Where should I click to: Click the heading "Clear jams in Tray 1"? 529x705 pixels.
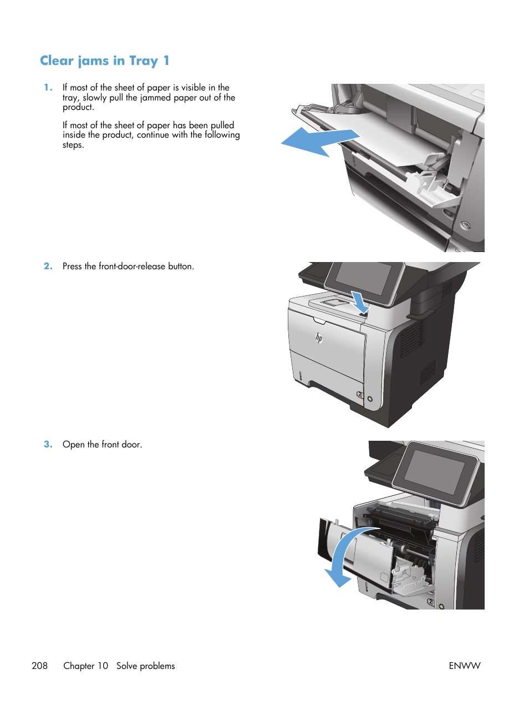click(104, 61)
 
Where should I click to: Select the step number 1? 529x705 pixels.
click(48, 87)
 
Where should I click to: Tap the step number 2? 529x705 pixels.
click(48, 266)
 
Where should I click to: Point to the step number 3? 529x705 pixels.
click(48, 444)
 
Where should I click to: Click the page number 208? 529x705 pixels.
click(40, 666)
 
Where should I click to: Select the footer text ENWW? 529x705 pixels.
click(464, 666)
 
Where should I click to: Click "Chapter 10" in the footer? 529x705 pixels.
click(85, 666)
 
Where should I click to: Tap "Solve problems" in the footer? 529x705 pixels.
click(145, 666)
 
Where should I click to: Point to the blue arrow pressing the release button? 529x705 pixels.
click(359, 303)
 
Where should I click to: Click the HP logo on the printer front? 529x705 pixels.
click(319, 338)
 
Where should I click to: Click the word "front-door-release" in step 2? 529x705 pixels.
click(132, 266)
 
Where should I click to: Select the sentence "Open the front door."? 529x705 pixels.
click(102, 445)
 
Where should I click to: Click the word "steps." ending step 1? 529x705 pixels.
click(73, 145)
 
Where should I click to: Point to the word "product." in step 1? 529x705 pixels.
click(78, 107)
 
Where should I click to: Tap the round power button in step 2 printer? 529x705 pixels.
click(370, 399)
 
